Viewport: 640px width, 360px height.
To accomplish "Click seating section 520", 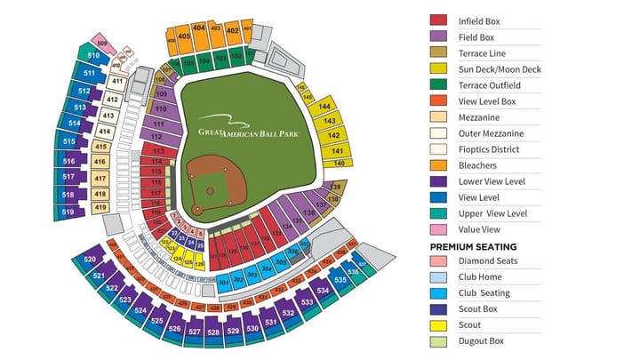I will (90, 259).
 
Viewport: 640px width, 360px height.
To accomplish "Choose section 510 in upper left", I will (93, 55).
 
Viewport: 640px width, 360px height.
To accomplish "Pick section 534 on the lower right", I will (322, 291).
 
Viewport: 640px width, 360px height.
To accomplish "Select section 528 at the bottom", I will (213, 332).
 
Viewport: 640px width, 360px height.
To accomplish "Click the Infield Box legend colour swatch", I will (438, 20).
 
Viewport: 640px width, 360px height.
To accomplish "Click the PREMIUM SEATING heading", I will (473, 246).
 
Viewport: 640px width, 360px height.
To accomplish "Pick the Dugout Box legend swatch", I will (438, 341).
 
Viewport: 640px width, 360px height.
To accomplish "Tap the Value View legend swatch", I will (438, 229).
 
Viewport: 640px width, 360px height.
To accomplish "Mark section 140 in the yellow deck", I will (339, 163).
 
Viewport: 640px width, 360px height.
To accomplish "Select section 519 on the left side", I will (68, 212).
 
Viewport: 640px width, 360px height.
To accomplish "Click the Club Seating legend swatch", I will (438, 293).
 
